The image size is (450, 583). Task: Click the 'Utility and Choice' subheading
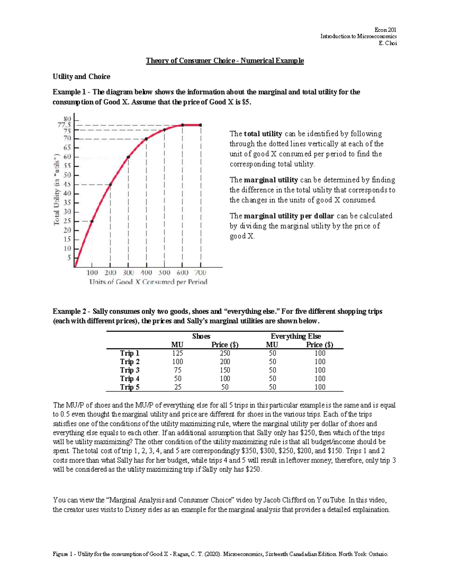[x=81, y=77]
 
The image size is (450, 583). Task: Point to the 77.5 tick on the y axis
[x=64, y=125]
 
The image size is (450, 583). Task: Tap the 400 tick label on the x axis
[x=146, y=273]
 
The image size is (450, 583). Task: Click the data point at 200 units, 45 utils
[x=110, y=184]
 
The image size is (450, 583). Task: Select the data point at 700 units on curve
[x=201, y=125]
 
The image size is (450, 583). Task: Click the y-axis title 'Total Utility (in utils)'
[x=57, y=189]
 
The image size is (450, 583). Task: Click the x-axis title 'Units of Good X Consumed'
[x=148, y=282]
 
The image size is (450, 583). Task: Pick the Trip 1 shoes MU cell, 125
[x=177, y=353]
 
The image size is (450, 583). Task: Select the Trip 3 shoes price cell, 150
[x=225, y=370]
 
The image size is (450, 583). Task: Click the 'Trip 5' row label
[x=129, y=387]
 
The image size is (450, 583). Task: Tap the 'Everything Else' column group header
[x=295, y=336]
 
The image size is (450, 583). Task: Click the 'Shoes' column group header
[x=201, y=336]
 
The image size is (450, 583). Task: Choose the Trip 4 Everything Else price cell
[x=320, y=378]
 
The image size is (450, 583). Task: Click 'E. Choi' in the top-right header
[x=388, y=43]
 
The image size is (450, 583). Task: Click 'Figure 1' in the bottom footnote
[x=63, y=554]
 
